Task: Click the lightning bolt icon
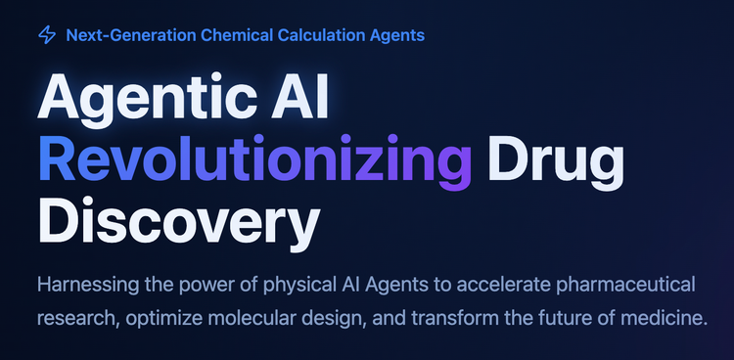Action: tap(47, 35)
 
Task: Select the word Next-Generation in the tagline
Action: tap(131, 35)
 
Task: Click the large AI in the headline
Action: tap(300, 95)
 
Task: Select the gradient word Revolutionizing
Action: tap(254, 162)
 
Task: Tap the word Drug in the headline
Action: tap(556, 162)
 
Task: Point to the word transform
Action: tap(450, 319)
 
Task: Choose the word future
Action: tap(553, 319)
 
